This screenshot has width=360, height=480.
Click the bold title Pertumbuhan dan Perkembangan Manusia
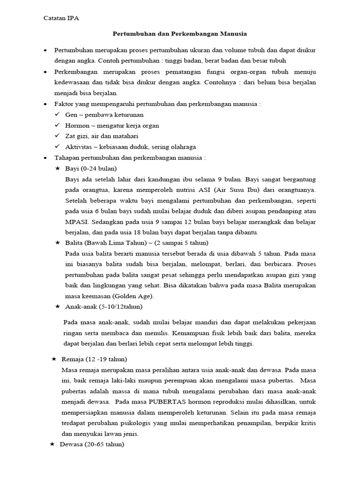[x=180, y=34]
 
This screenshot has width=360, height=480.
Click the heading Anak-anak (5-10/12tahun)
[x=104, y=307]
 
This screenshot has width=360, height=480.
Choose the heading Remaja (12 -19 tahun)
[x=94, y=359]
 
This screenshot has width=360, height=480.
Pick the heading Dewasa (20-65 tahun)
[x=92, y=444]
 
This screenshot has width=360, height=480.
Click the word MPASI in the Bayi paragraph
[x=77, y=222]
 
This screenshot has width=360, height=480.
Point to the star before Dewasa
[x=52, y=444]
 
